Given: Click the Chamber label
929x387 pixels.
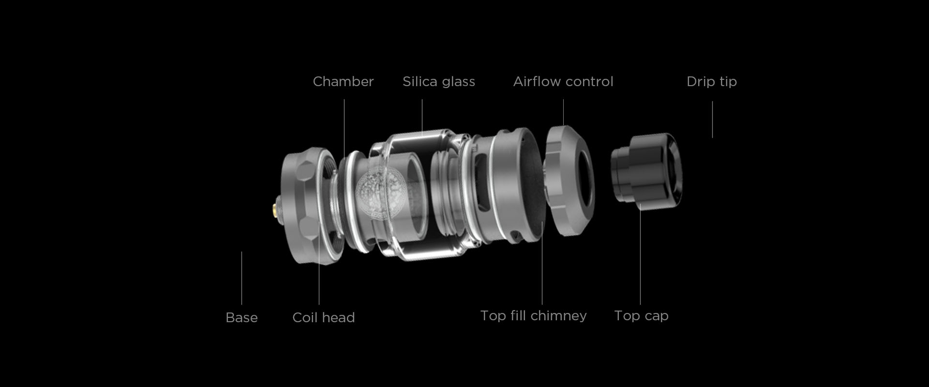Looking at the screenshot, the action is (x=343, y=81).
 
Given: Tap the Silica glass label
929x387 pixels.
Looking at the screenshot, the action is (x=439, y=81).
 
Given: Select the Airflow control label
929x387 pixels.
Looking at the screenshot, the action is (x=563, y=81).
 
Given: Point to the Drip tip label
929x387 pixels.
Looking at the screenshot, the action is (x=712, y=82).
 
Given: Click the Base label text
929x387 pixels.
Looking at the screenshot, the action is (x=241, y=317).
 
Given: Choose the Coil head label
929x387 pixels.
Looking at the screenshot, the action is (x=324, y=317).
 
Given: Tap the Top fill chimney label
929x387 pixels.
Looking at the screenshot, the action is (x=533, y=316).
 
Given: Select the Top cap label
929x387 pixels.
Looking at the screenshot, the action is (x=641, y=316).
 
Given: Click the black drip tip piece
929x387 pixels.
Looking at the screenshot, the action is (x=646, y=170).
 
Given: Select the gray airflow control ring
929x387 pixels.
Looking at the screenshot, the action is (x=569, y=180).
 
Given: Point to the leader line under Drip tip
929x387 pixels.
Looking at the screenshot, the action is (x=712, y=119).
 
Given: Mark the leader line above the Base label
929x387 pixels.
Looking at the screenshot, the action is (x=241, y=278).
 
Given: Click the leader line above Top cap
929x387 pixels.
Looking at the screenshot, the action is (x=640, y=254).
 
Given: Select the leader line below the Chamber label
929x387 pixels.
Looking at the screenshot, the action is (x=345, y=128).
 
